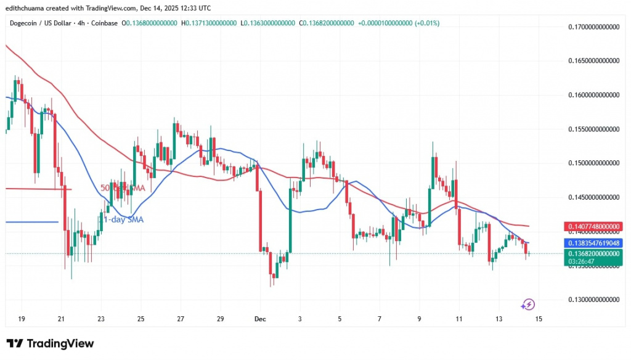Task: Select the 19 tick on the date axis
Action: point(22,319)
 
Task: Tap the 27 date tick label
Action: point(181,319)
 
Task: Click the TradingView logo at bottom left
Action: point(50,343)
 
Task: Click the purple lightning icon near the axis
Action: point(527,304)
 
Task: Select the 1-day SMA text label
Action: point(123,219)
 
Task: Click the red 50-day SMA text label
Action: point(123,187)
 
